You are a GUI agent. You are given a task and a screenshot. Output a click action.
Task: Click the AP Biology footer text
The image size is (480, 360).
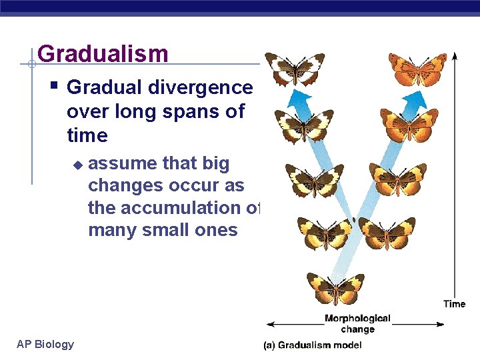coord(45,344)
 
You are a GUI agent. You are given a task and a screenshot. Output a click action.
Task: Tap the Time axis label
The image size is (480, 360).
coord(454,304)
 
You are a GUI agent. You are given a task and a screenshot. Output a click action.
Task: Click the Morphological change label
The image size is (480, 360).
coord(357,324)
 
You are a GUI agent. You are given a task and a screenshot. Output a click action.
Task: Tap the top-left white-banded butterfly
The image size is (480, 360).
coord(294,69)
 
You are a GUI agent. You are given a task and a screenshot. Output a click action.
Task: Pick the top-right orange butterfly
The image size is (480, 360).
coord(417,69)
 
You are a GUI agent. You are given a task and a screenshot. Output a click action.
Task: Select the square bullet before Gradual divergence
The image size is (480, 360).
coord(54,86)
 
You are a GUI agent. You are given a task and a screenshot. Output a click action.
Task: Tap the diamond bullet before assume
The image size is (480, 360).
coord(77,164)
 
